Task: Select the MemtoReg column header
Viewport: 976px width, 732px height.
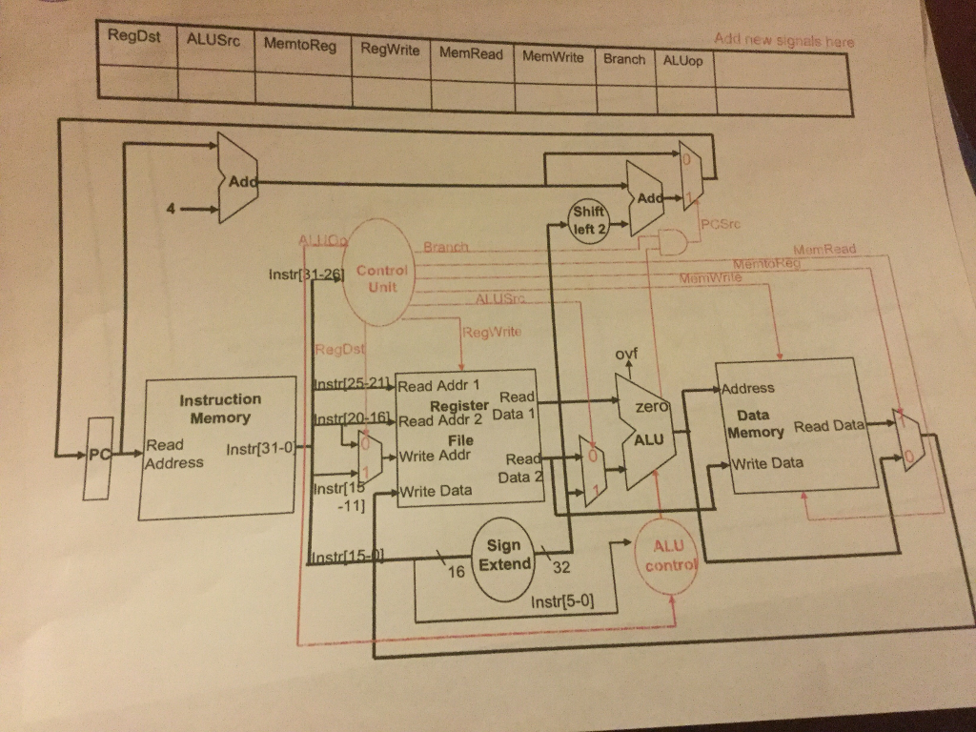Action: pyautogui.click(x=299, y=46)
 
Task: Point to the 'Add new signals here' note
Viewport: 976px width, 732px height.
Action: pyautogui.click(x=784, y=41)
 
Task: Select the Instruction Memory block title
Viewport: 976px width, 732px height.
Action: pyautogui.click(x=220, y=408)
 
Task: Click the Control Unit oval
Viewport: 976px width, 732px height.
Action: pyautogui.click(x=381, y=277)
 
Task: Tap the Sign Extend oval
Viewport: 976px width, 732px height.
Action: pyautogui.click(x=503, y=555)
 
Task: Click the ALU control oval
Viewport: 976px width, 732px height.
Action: pyautogui.click(x=663, y=556)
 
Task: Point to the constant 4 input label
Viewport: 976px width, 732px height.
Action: pyautogui.click(x=171, y=208)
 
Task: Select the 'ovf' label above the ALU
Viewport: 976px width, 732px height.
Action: pyautogui.click(x=625, y=355)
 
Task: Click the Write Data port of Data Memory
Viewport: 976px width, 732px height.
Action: pyautogui.click(x=768, y=463)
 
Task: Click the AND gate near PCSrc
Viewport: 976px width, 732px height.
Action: pyautogui.click(x=674, y=242)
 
